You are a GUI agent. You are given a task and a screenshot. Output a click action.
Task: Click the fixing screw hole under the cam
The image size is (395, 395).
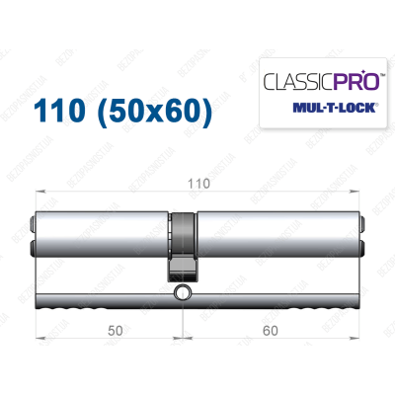[184, 293]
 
